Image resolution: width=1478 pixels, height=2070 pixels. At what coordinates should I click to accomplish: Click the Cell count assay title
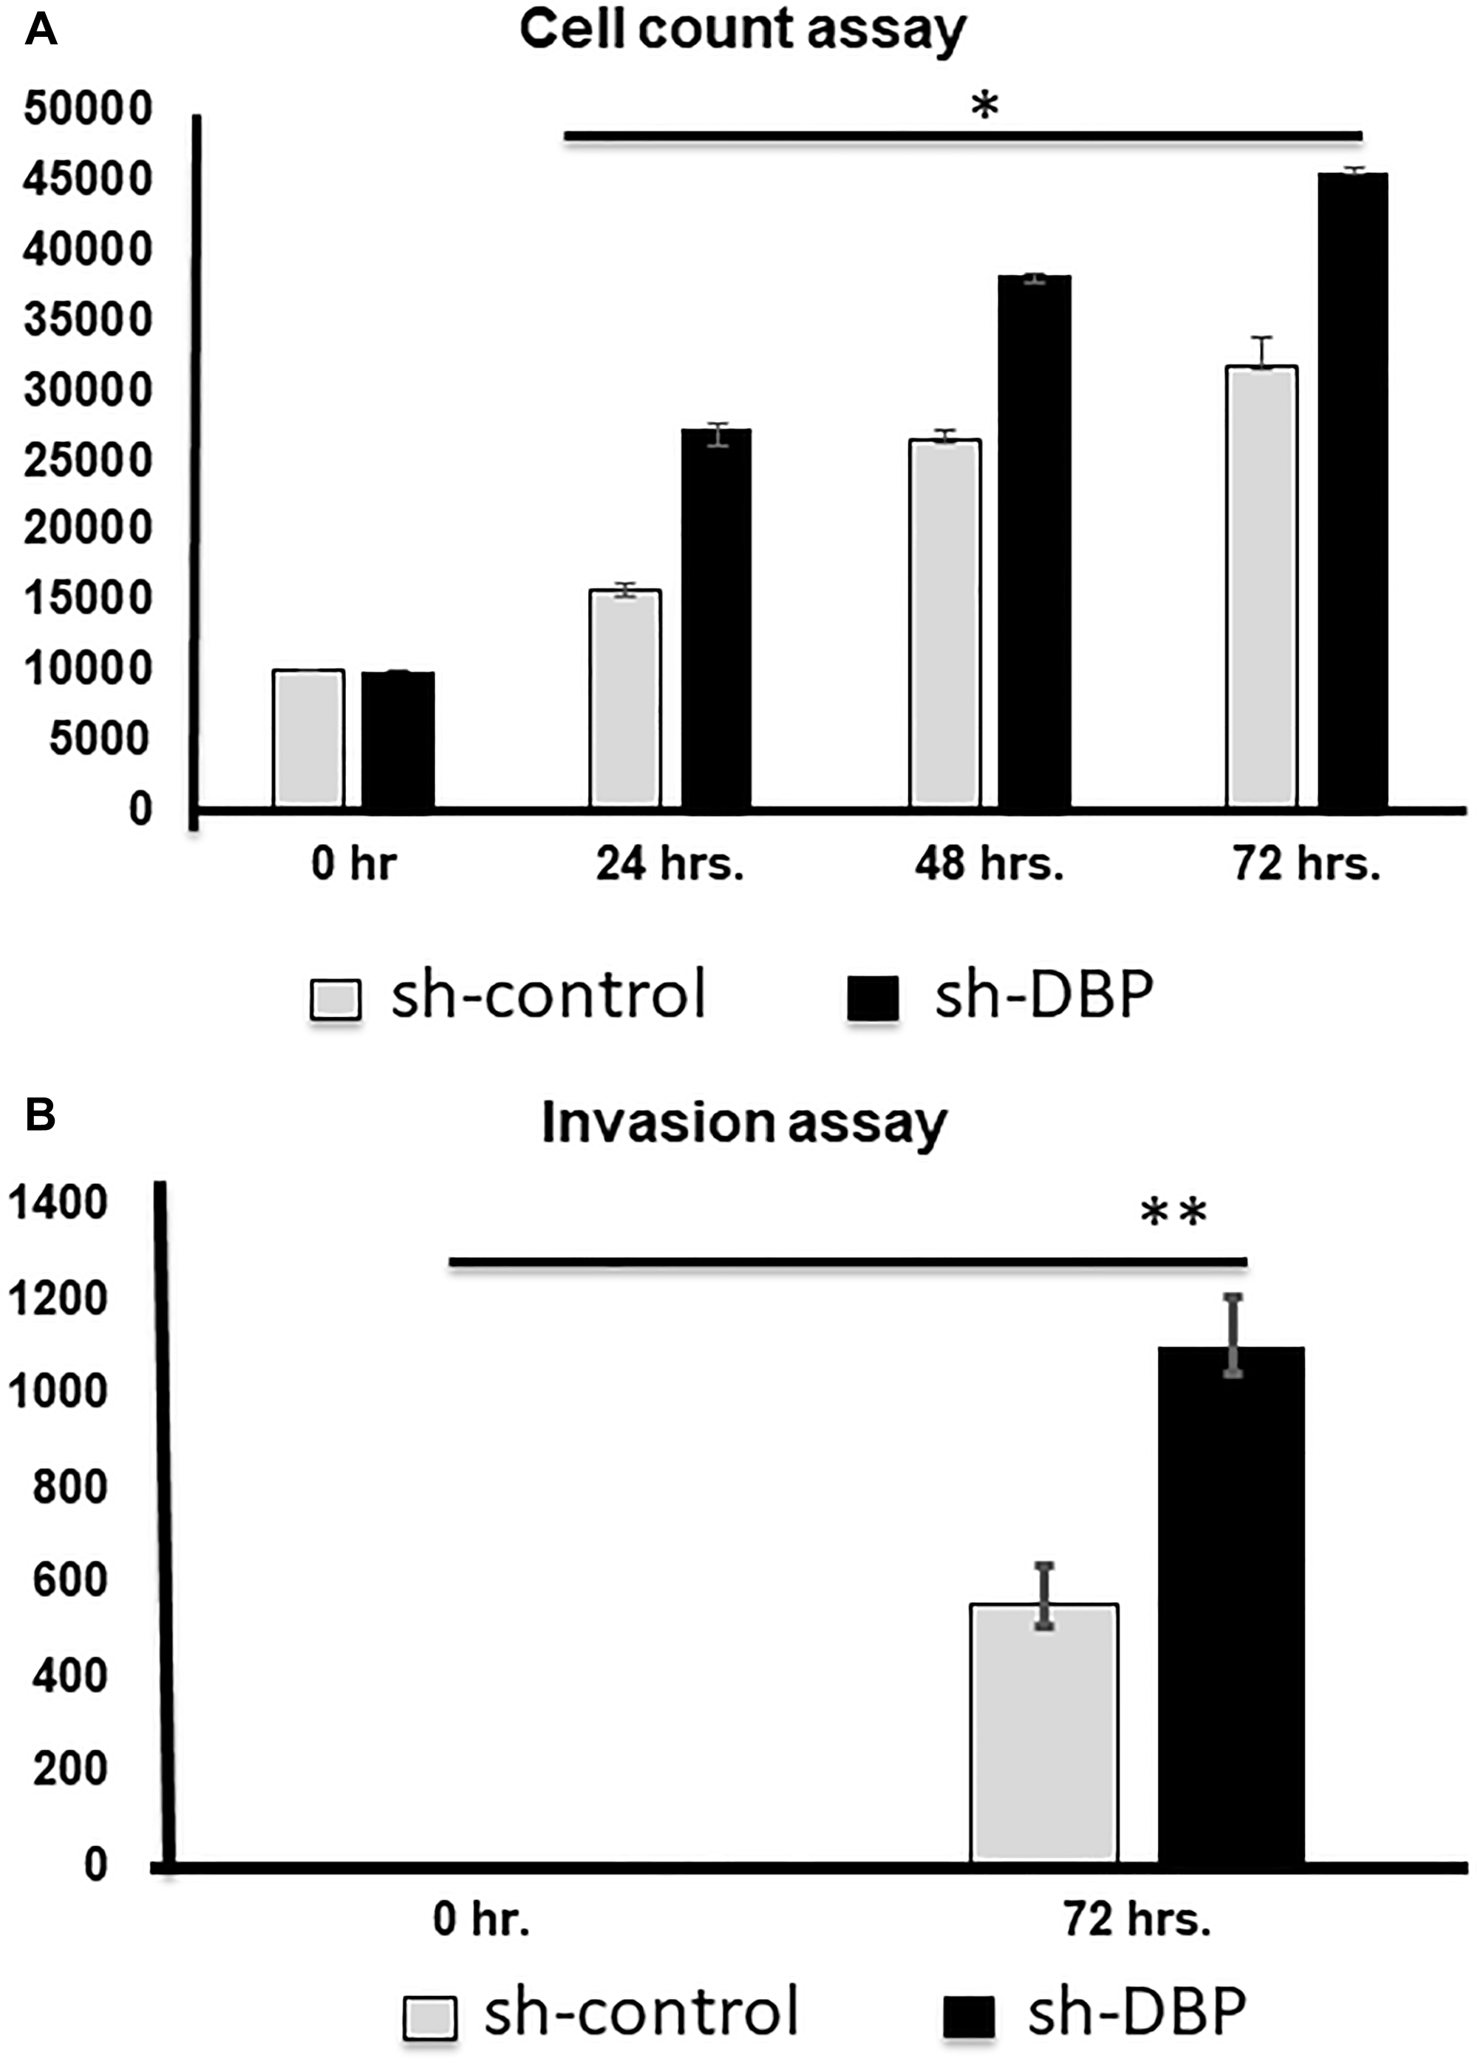point(742,30)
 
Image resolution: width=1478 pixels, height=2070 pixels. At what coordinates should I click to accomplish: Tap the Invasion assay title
point(743,1125)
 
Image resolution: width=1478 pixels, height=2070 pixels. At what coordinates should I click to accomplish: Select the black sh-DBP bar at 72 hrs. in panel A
point(1352,491)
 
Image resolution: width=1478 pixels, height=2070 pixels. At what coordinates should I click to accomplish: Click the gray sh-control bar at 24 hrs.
point(625,699)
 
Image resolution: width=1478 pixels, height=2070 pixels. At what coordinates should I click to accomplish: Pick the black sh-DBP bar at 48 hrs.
point(1034,542)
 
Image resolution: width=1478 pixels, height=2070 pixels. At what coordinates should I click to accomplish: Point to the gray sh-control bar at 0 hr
point(308,738)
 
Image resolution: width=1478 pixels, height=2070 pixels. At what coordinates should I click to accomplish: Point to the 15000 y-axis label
point(87,599)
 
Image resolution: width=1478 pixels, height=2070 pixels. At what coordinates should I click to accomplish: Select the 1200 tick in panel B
point(58,1298)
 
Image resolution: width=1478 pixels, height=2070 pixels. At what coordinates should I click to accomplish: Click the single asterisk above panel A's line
point(985,107)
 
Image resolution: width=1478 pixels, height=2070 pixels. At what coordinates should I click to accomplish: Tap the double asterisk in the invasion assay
point(1174,1213)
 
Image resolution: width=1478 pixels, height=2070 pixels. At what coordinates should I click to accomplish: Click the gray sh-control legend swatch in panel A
point(336,999)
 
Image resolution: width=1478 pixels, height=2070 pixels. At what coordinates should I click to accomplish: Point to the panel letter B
point(41,1114)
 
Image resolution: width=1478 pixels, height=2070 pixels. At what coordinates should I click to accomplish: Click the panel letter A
point(41,31)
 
